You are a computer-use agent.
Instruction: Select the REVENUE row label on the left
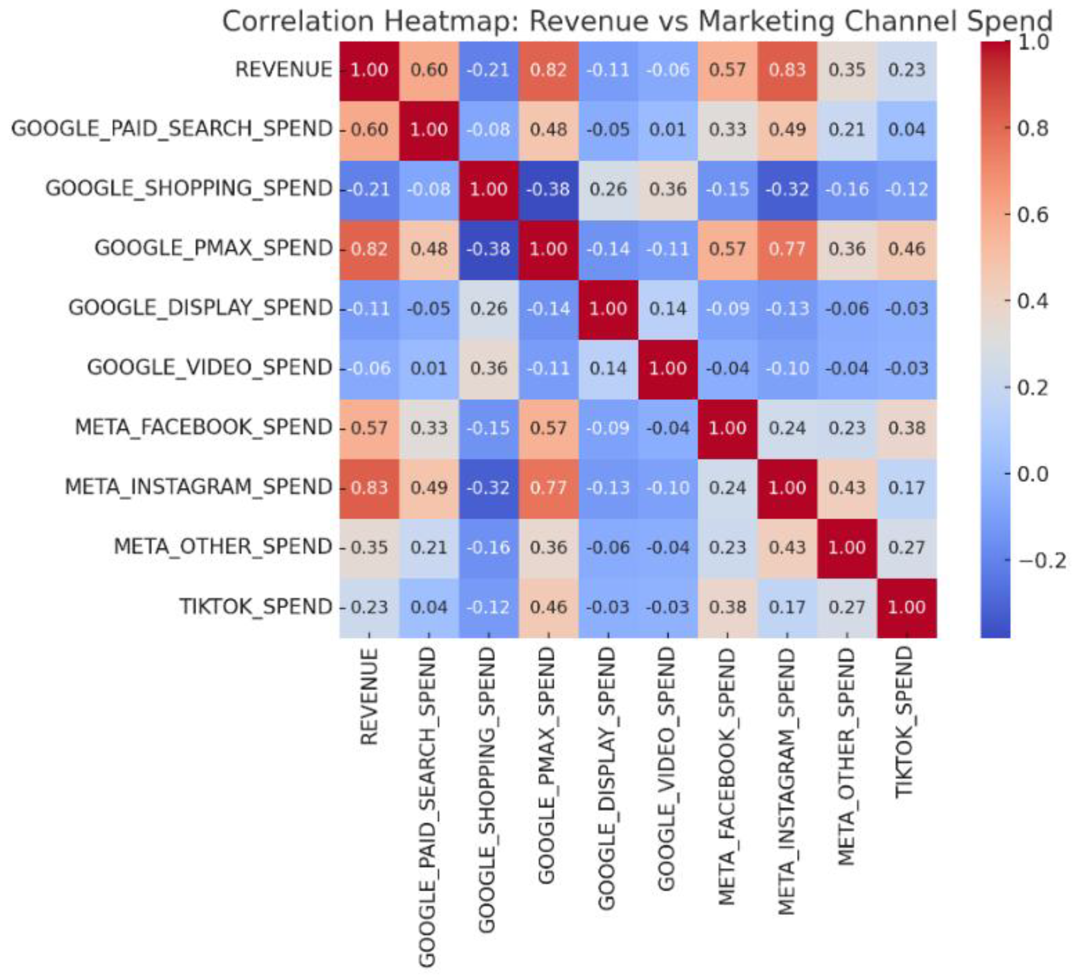click(283, 70)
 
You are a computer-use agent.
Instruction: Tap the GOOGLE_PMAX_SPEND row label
click(213, 248)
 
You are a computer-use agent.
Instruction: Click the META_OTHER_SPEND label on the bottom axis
click(846, 756)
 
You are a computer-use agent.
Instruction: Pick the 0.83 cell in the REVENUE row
click(787, 70)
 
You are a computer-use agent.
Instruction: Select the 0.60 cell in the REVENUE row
click(429, 70)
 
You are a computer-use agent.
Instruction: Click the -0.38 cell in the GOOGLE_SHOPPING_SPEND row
click(548, 189)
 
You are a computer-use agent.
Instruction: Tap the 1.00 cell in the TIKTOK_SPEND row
click(906, 607)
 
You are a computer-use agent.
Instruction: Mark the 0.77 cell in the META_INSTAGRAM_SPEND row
click(548, 487)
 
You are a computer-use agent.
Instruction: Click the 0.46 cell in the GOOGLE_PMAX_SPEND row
click(906, 248)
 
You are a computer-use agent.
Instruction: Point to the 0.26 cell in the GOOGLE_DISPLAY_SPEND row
click(489, 309)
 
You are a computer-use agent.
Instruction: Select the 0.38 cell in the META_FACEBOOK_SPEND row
click(906, 428)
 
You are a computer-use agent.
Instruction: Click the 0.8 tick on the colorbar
click(1033, 128)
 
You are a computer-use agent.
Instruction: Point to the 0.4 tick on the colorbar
click(1033, 301)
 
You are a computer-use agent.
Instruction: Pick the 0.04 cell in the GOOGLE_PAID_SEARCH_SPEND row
click(906, 129)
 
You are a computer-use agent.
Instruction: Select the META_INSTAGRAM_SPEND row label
click(198, 487)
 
